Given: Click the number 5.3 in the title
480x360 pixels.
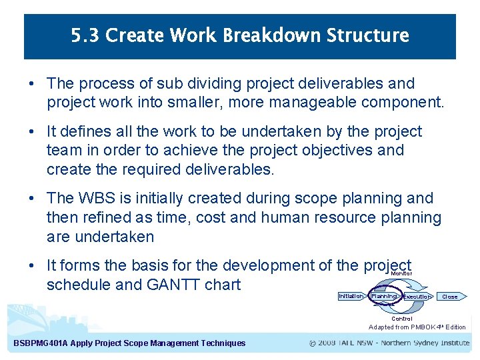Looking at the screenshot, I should click(x=85, y=35).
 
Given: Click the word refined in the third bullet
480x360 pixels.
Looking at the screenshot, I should click(x=102, y=217).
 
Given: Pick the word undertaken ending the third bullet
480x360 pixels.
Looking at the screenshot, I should click(x=114, y=237).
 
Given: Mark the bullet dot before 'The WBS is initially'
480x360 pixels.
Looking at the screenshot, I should click(x=31, y=199).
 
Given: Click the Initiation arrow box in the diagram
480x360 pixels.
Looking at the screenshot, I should click(x=351, y=296).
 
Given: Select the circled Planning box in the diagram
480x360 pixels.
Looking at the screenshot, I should click(x=383, y=296).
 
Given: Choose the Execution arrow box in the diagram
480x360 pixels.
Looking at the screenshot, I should click(x=417, y=297).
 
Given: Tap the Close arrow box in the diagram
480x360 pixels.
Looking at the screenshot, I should click(x=450, y=297).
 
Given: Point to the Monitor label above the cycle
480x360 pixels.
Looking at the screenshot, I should click(x=401, y=274).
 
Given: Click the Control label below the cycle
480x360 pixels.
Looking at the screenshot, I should click(x=401, y=319).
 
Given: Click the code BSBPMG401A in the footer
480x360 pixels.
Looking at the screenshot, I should click(x=39, y=343).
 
